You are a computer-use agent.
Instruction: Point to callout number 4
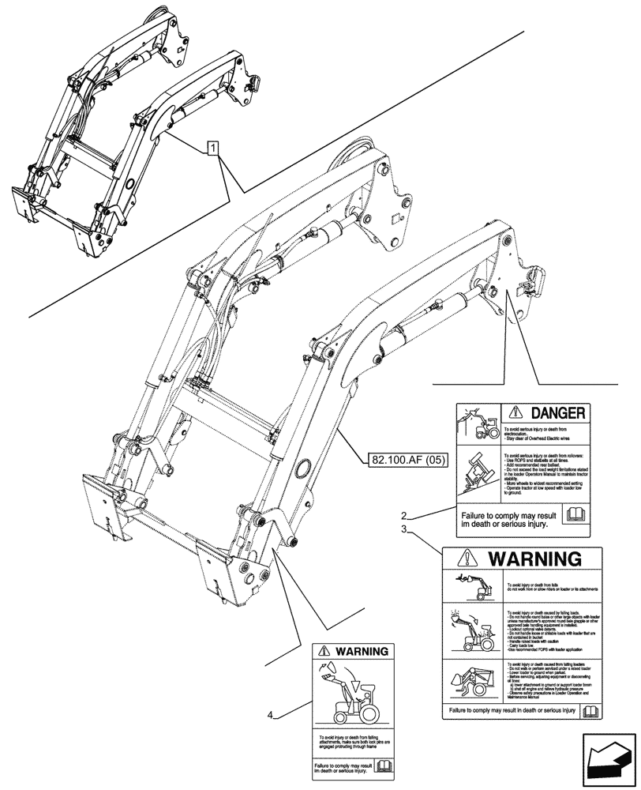coord(271,715)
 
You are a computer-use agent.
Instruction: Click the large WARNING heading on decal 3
coord(536,559)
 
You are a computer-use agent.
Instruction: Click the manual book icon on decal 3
coord(589,711)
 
